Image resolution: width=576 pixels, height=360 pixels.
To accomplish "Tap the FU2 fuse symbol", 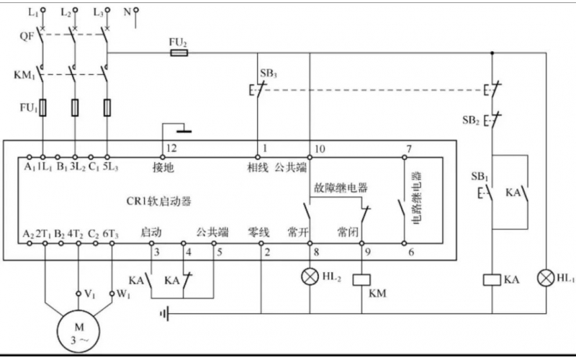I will (x=178, y=53).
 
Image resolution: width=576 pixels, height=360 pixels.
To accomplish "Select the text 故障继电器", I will (x=341, y=188).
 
